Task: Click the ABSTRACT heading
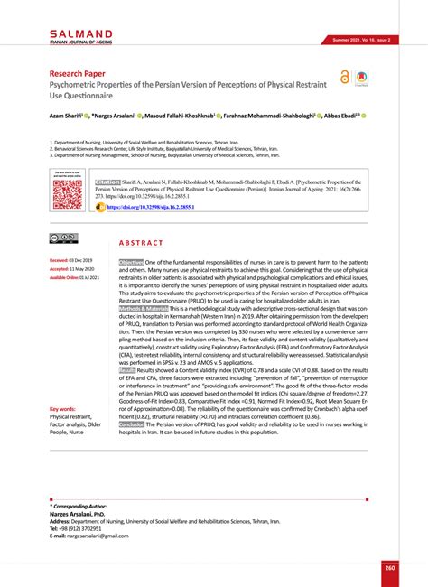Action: (141, 244)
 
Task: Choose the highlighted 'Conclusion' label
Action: (133, 450)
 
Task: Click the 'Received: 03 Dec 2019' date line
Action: (63, 260)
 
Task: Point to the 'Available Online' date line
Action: (70, 278)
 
